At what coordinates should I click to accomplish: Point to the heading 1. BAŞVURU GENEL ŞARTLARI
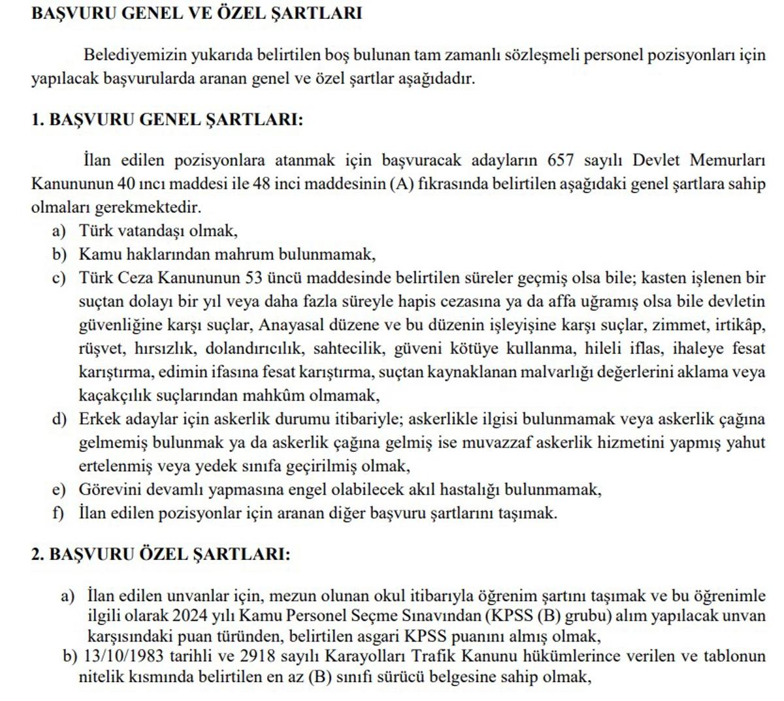[167, 120]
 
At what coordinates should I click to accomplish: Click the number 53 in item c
[253, 278]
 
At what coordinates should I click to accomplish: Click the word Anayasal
[287, 325]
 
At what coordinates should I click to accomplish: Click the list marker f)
[59, 514]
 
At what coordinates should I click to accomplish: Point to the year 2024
[190, 615]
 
